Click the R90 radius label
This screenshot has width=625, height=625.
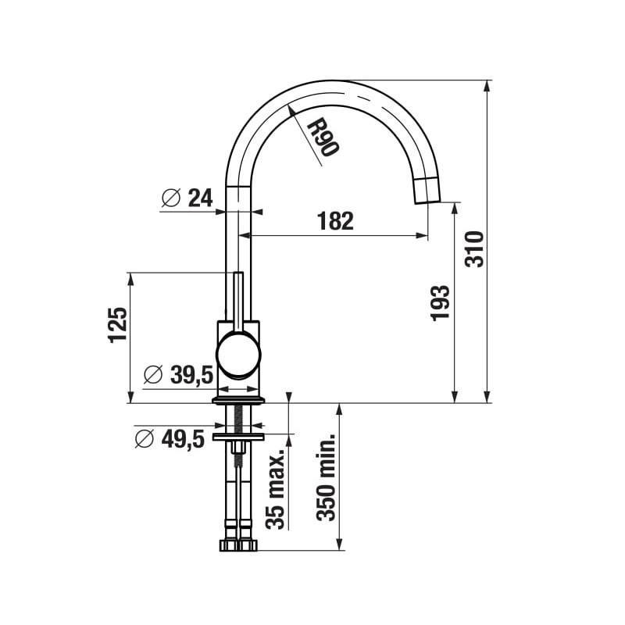(321, 137)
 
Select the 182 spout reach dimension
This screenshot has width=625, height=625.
(335, 221)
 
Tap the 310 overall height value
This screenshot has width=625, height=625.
(475, 248)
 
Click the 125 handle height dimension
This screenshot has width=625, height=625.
(116, 324)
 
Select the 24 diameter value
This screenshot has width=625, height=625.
(200, 198)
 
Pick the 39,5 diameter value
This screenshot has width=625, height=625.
(191, 376)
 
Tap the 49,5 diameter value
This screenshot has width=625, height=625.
(182, 439)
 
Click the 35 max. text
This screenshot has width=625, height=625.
(276, 490)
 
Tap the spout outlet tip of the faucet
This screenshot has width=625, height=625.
(427, 191)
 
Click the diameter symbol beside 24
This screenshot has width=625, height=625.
(171, 198)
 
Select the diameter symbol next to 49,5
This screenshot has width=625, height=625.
(145, 439)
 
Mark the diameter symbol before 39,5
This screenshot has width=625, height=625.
(154, 376)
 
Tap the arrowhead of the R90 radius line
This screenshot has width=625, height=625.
(291, 110)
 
